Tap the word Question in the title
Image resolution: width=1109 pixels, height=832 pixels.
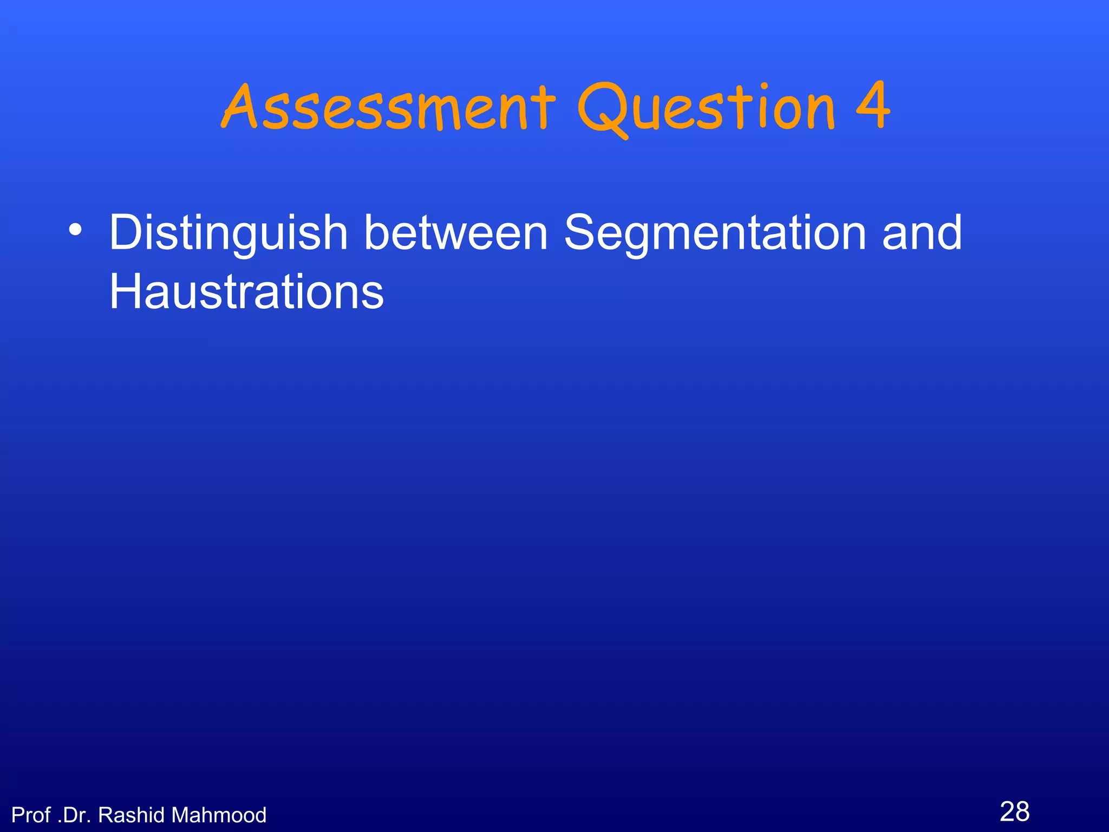tap(706, 108)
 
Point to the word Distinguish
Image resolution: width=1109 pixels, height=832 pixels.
tap(228, 233)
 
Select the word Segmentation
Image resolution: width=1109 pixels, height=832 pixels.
tap(715, 233)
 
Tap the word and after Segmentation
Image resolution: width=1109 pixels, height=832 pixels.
tap(922, 232)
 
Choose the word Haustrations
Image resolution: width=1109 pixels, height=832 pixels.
tap(246, 291)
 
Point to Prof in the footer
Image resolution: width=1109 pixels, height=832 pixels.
tap(31, 815)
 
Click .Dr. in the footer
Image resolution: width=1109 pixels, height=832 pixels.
tap(74, 815)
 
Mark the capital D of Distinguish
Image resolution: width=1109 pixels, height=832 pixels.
tap(125, 232)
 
